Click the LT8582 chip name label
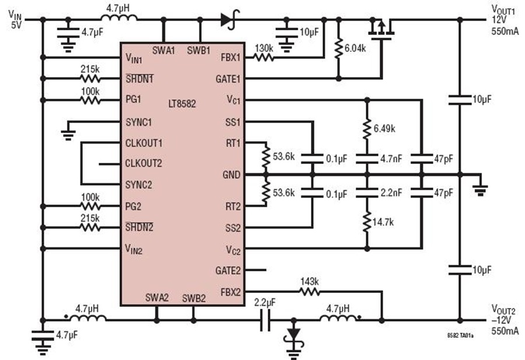tap(182, 103)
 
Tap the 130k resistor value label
tap(264, 48)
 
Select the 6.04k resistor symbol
tap(338, 48)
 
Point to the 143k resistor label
tap(309, 282)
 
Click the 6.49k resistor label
tap(384, 128)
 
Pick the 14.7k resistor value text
tap(383, 222)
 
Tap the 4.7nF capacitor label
tap(391, 158)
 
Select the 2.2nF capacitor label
tap(391, 193)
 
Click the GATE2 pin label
tap(228, 270)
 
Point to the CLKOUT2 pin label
tap(143, 163)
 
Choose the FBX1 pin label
tap(230, 57)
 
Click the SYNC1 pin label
tap(139, 122)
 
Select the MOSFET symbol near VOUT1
tap(381, 30)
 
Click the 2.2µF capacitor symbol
tap(265, 320)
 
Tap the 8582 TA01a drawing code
tap(460, 335)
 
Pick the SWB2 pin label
tap(194, 298)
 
